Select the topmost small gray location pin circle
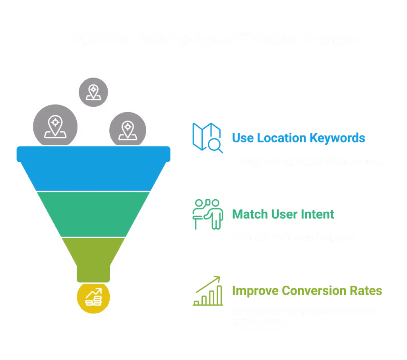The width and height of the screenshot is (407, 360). (93, 92)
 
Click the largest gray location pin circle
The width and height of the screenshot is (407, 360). (55, 125)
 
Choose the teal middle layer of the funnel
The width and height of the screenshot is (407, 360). (93, 214)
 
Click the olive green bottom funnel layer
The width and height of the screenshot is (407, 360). (93, 255)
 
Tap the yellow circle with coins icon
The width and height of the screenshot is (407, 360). (93, 297)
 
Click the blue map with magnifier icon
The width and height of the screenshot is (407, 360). (207, 138)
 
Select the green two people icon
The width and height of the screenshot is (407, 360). (207, 214)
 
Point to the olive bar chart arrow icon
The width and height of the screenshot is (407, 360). (207, 291)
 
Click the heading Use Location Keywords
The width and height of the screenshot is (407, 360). (298, 138)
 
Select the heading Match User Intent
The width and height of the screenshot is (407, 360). (283, 214)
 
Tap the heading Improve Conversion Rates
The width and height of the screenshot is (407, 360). (307, 291)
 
